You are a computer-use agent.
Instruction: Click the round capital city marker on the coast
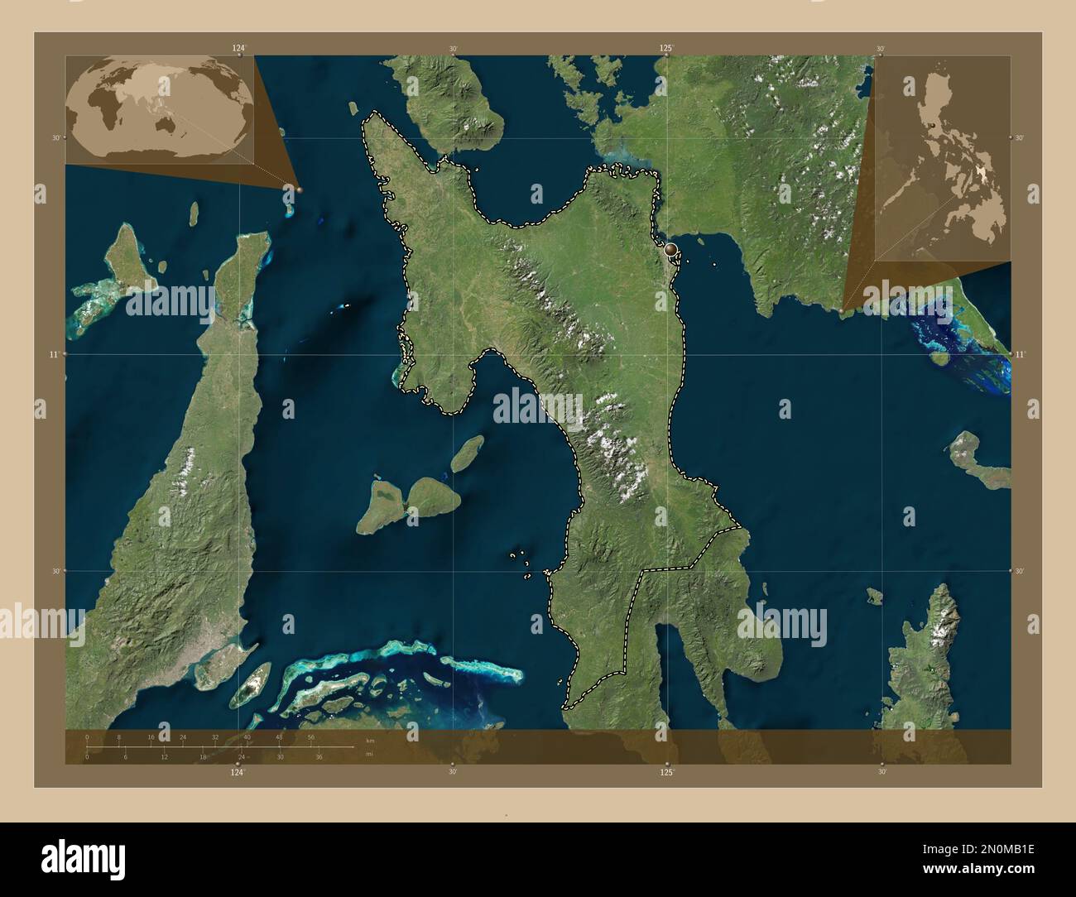pyautogui.click(x=670, y=248)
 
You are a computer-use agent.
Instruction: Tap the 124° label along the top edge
pyautogui.click(x=239, y=48)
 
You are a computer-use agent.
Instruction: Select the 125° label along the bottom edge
pyautogui.click(x=667, y=773)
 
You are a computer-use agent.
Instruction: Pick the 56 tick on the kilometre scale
pyautogui.click(x=311, y=736)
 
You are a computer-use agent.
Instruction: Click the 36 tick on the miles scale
pyautogui.click(x=318, y=756)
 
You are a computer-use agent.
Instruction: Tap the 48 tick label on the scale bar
pyautogui.click(x=279, y=736)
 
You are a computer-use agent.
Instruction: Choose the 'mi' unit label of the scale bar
pyautogui.click(x=369, y=754)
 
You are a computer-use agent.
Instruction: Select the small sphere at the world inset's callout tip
pyautogui.click(x=299, y=189)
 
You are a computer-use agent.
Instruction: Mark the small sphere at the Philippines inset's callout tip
pyautogui.click(x=842, y=311)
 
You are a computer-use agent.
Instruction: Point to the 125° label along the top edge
pyautogui.click(x=666, y=48)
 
